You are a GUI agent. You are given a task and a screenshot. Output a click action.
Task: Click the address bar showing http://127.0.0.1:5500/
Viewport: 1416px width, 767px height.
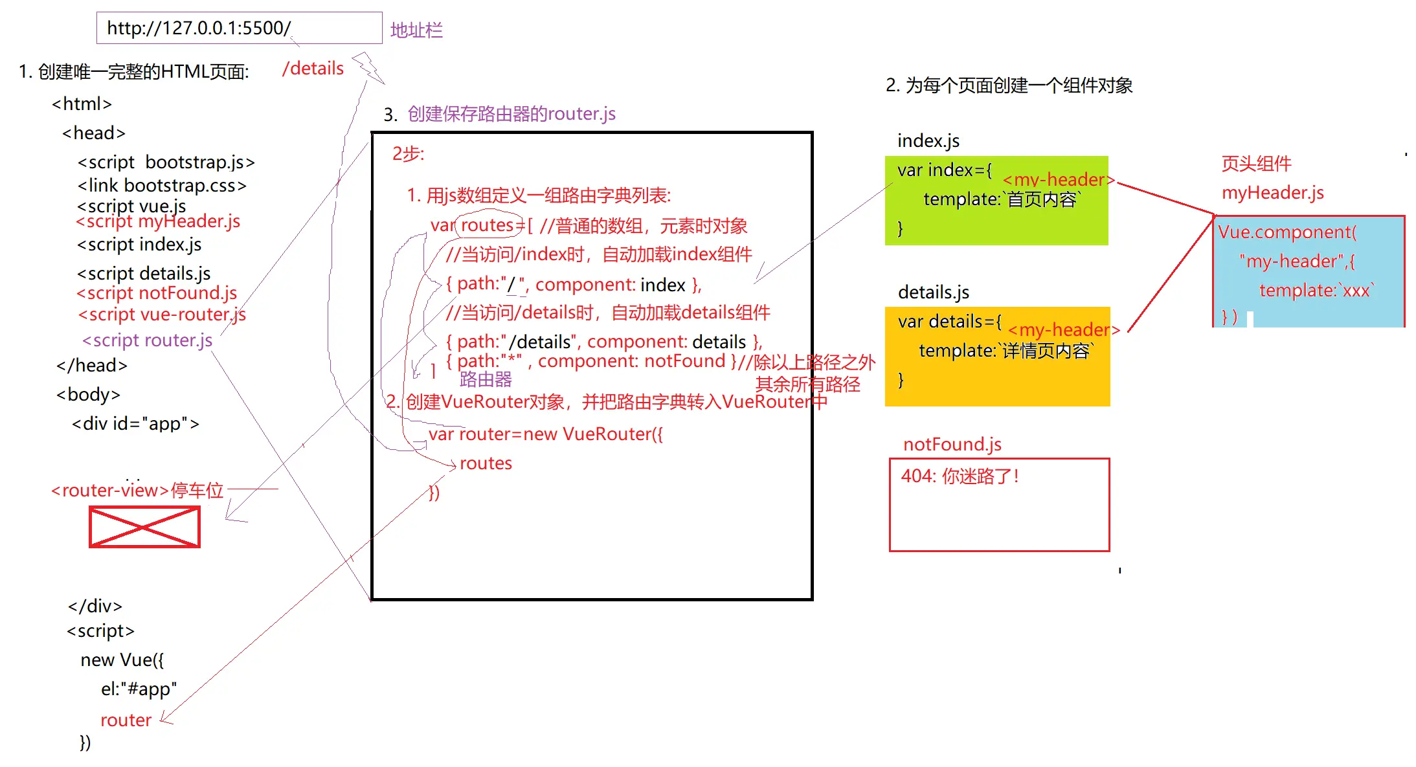click(x=239, y=28)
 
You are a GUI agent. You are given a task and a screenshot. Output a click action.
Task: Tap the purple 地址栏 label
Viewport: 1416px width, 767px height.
click(x=416, y=30)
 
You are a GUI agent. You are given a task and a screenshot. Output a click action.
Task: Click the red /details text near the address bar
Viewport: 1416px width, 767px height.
click(x=313, y=69)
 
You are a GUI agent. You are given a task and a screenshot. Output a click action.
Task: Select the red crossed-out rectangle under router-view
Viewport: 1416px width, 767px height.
click(x=144, y=527)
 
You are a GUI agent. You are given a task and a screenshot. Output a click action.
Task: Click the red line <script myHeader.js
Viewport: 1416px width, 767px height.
click(x=158, y=221)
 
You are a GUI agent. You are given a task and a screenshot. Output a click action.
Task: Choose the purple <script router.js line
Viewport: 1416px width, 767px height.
click(x=147, y=340)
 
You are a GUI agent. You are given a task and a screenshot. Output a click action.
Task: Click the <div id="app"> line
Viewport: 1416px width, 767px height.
click(x=135, y=424)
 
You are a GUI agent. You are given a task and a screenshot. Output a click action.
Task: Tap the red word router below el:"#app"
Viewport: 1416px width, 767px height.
click(x=126, y=720)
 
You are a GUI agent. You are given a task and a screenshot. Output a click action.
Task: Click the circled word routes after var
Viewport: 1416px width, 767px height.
click(x=487, y=225)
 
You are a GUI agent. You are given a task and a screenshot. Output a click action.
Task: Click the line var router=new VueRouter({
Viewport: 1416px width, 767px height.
click(x=545, y=434)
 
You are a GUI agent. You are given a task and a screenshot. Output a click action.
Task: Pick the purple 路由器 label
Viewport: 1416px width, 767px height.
click(x=486, y=380)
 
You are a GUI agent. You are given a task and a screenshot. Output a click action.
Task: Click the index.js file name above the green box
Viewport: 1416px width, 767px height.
click(x=928, y=141)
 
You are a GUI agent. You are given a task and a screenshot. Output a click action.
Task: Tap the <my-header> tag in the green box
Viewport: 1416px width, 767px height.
click(x=1058, y=180)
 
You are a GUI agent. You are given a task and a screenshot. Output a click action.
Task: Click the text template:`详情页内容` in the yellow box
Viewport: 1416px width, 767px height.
click(x=1006, y=351)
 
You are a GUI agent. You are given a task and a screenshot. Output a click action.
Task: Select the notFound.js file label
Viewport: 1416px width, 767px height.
click(x=952, y=445)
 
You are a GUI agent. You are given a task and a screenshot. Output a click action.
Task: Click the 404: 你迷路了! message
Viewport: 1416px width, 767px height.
click(x=960, y=476)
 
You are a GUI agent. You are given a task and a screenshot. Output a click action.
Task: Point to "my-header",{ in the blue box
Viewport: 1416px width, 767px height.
click(x=1296, y=261)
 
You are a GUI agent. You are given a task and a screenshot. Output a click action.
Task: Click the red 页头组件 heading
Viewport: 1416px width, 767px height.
click(x=1255, y=164)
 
